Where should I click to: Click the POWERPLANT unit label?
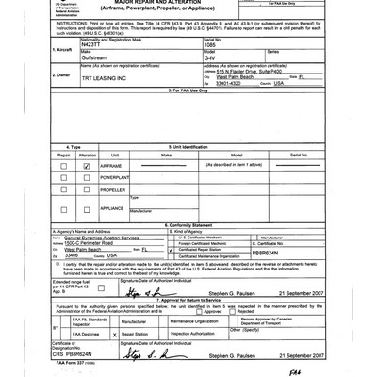pyautogui.click(x=115, y=176)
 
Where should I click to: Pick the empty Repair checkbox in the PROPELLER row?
pyautogui.click(x=64, y=188)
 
